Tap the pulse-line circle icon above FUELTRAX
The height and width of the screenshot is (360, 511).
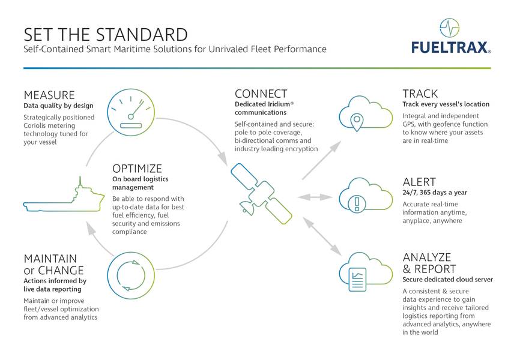click(449, 28)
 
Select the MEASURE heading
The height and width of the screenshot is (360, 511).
click(49, 95)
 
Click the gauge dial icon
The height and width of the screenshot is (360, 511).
click(131, 113)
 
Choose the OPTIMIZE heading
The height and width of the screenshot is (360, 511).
click(137, 169)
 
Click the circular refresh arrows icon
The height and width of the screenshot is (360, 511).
click(131, 275)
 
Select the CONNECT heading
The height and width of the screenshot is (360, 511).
click(261, 94)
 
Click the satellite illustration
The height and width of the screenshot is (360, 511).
click(261, 194)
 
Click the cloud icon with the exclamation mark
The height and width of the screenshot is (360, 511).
click(366, 195)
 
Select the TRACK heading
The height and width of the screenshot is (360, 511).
click(420, 94)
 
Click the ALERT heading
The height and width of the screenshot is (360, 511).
click(419, 182)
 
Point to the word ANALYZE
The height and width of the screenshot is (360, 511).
click(427, 257)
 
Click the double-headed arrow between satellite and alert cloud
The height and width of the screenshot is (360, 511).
click(315, 197)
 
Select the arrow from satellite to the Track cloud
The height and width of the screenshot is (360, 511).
click(322, 160)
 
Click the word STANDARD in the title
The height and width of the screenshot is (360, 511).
click(142, 35)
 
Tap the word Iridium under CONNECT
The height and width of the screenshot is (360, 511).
click(279, 104)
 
